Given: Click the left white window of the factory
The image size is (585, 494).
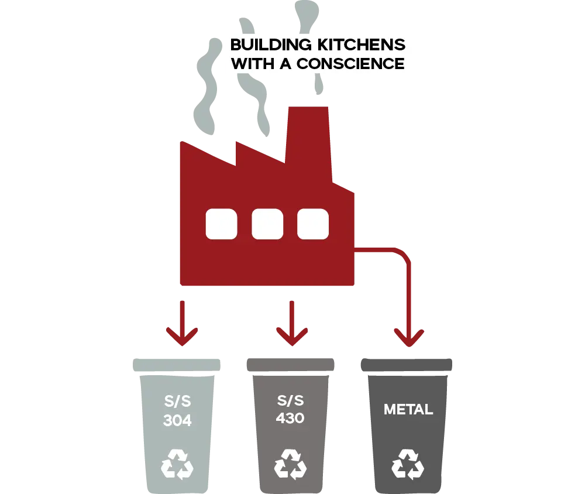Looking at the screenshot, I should coord(221,224).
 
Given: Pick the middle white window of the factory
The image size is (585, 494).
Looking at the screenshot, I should coord(267,224).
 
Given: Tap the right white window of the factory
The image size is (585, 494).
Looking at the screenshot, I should coord(313,224).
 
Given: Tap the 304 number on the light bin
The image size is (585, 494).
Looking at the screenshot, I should coord(177,420).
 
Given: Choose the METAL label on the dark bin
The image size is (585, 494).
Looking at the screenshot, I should coord(408,410).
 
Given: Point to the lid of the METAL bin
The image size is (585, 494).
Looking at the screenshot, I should coord(407,364).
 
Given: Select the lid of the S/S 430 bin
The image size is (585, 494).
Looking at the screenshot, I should coord(290,364).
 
